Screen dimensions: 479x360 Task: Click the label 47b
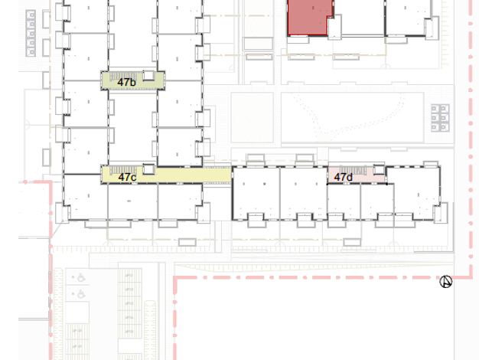tap(126, 82)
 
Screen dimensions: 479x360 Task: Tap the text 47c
tap(127, 177)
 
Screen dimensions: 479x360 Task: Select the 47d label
tap(344, 177)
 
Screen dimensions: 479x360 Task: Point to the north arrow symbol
tap(445, 282)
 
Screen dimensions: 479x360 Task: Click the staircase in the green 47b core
tap(123, 76)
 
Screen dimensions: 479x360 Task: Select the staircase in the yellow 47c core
tap(123, 170)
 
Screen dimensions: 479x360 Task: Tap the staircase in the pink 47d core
tap(354, 170)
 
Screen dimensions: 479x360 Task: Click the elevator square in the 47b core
tap(148, 76)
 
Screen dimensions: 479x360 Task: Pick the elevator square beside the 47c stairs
tap(148, 169)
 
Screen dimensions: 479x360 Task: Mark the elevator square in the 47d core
tap(379, 170)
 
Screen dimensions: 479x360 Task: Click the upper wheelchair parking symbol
tap(81, 278)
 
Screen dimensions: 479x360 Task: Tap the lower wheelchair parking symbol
tap(81, 294)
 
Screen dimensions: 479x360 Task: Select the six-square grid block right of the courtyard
tap(440, 118)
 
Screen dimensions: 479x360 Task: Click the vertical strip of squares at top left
tap(31, 33)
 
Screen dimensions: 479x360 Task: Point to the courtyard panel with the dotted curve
tap(352, 118)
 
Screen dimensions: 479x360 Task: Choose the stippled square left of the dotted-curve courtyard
tap(253, 118)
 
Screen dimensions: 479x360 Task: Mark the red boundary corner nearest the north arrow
tap(471, 277)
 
